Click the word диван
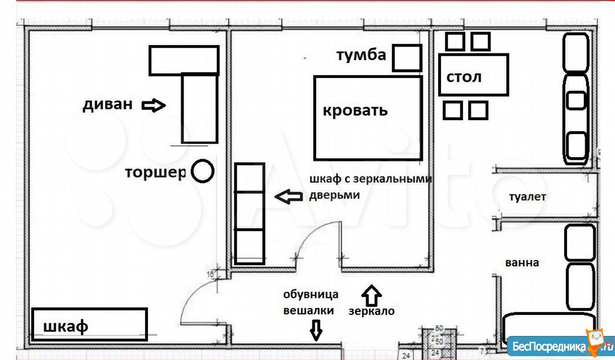click(x=108, y=105)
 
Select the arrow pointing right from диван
click(x=153, y=105)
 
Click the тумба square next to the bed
click(x=407, y=58)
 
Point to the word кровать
click(x=355, y=111)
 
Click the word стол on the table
click(x=464, y=77)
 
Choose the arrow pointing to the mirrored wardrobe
click(x=289, y=196)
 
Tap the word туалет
click(x=528, y=197)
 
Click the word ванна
click(x=522, y=263)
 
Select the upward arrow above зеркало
click(x=371, y=295)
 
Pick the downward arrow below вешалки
click(x=316, y=330)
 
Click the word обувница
click(x=311, y=295)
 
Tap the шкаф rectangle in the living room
click(x=89, y=324)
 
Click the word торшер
click(x=155, y=173)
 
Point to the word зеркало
click(x=371, y=311)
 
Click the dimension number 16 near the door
click(x=210, y=274)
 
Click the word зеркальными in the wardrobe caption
click(x=393, y=179)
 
